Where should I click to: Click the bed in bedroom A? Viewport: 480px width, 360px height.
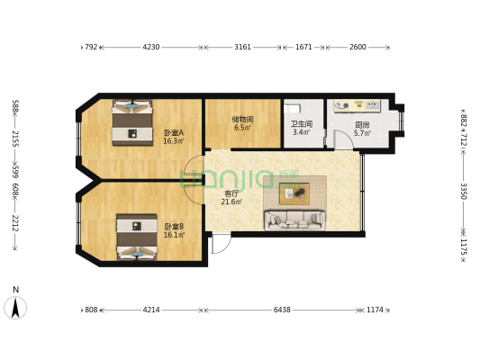click(x=132, y=121)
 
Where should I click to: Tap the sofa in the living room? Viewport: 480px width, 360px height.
click(x=294, y=219)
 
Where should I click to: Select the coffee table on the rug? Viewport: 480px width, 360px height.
click(x=294, y=191)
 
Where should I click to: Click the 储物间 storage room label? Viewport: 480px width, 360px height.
click(x=242, y=119)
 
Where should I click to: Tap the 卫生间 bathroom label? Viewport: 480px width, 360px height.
click(x=301, y=124)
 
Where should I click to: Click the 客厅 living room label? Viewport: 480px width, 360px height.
click(x=231, y=193)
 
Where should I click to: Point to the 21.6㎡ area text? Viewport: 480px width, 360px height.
click(x=231, y=202)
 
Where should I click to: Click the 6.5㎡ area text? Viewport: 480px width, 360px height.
click(x=242, y=128)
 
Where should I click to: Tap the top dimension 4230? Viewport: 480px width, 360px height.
click(x=151, y=47)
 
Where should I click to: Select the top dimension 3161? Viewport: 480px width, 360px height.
click(x=243, y=47)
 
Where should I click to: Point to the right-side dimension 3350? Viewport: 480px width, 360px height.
click(x=464, y=192)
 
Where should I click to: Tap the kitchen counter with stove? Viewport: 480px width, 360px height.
click(x=360, y=105)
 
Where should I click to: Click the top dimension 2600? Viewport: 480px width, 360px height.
click(x=358, y=47)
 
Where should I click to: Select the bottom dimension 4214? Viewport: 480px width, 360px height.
click(x=151, y=310)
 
